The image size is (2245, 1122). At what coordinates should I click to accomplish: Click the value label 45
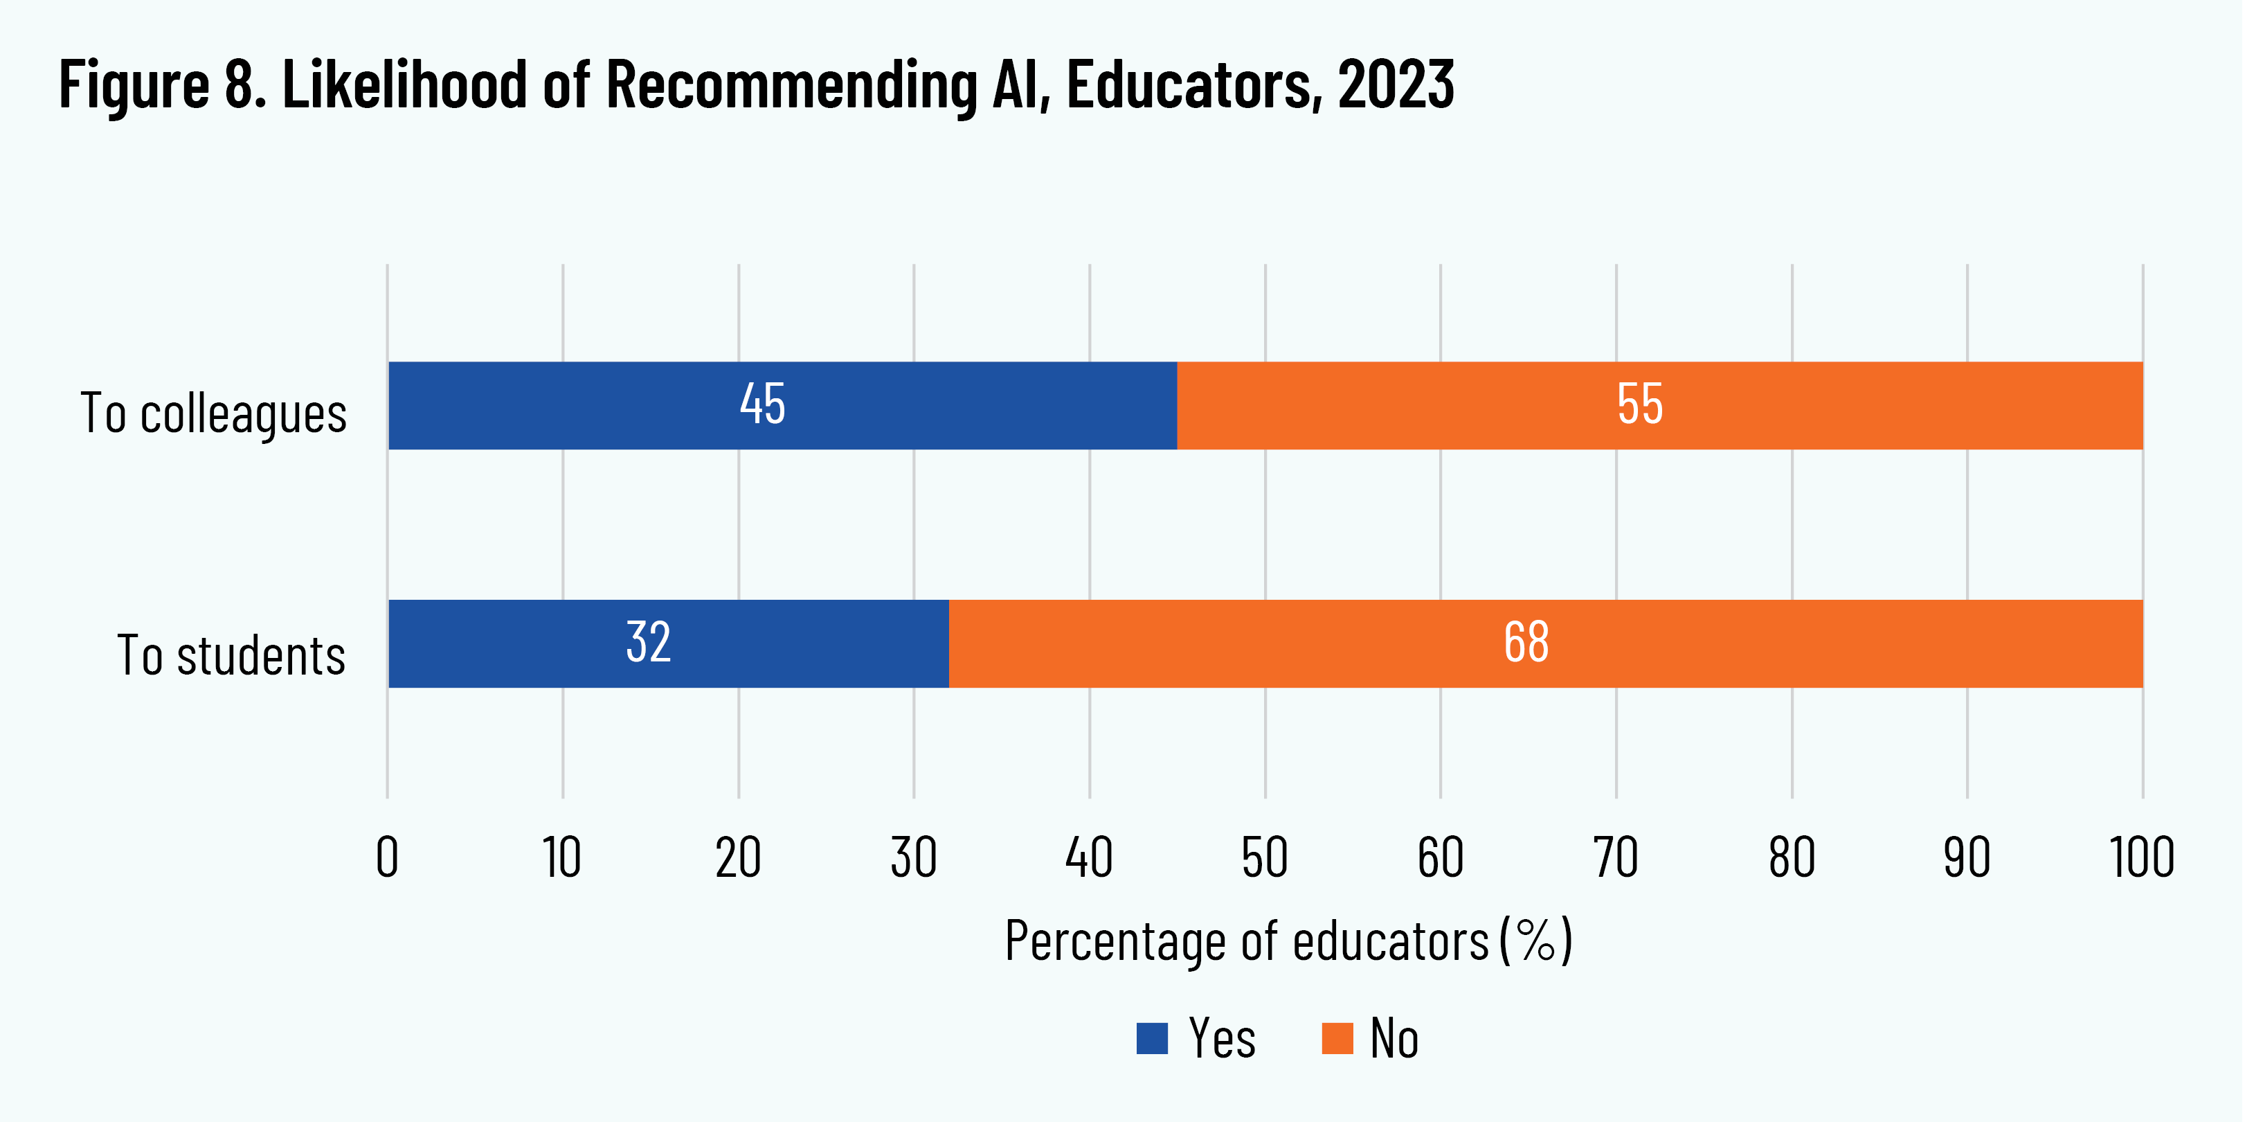[x=763, y=404]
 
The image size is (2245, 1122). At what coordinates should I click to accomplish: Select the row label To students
[x=231, y=656]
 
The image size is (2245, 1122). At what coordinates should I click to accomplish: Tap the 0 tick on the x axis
[x=387, y=858]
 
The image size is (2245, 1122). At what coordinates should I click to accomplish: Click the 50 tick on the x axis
[x=1265, y=858]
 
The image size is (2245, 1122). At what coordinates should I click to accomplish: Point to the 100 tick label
[x=2142, y=858]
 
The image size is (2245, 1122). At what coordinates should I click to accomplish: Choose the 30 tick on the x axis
[x=913, y=858]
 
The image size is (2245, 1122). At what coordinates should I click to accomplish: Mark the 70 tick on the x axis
[x=1616, y=858]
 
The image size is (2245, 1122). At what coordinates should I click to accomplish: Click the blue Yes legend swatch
[x=1152, y=1038]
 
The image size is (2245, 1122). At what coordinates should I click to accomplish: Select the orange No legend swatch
[x=1337, y=1038]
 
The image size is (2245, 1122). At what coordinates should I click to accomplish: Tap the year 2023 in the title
[x=1396, y=84]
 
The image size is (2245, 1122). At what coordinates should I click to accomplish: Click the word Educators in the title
[x=1189, y=84]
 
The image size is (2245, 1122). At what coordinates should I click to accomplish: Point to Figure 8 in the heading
[x=162, y=84]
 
